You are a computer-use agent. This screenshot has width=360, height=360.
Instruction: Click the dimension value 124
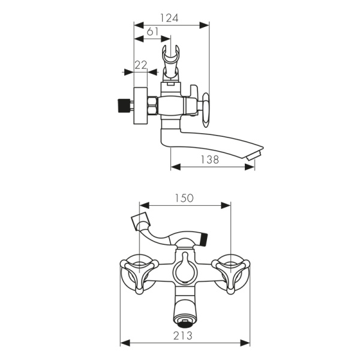(169, 18)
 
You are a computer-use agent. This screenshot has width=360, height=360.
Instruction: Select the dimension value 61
(152, 31)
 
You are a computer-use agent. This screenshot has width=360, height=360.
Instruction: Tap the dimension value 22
(141, 65)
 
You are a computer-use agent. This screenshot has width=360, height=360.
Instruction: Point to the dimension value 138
(210, 160)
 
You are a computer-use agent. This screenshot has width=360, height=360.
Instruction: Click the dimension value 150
(184, 198)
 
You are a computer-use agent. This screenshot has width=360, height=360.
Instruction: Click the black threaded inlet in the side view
(123, 106)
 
